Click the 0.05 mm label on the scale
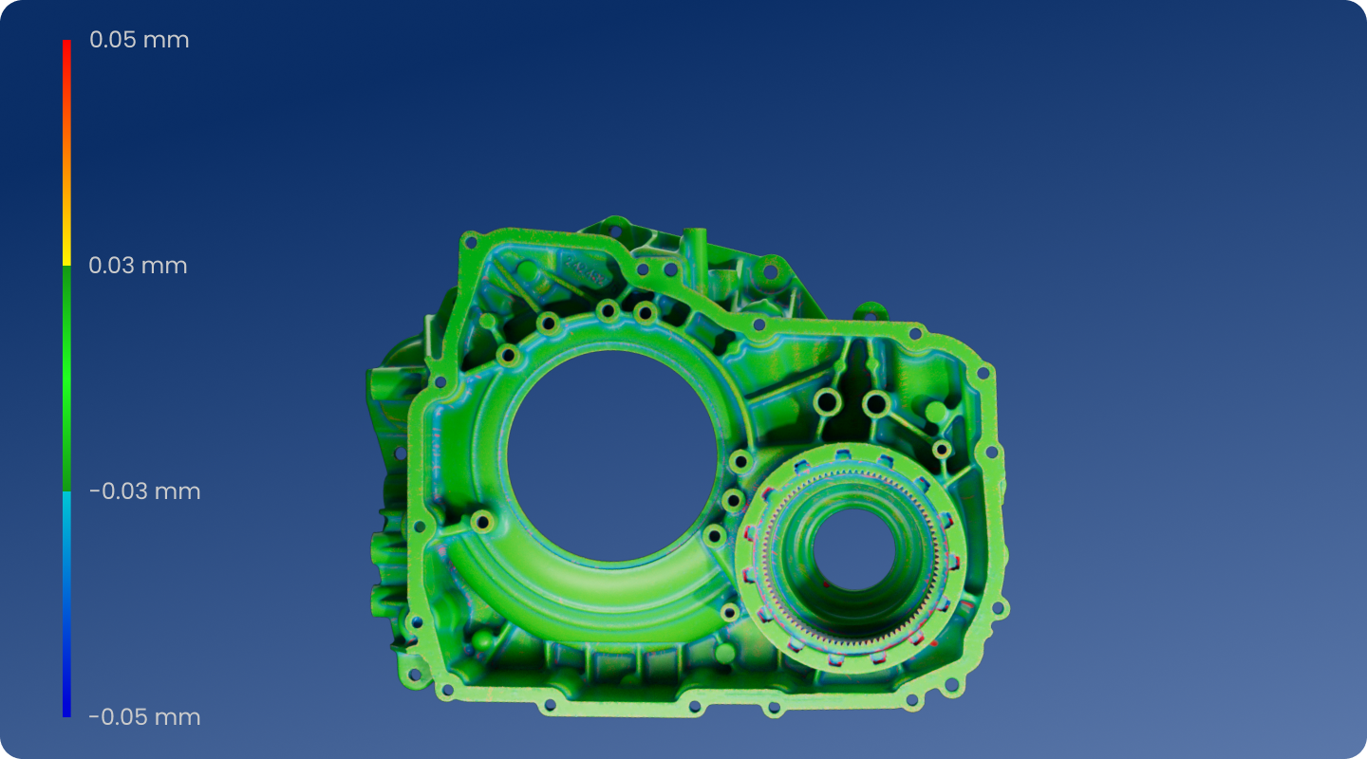[140, 40]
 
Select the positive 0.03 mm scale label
[138, 266]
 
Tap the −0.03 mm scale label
[144, 491]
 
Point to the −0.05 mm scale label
[144, 717]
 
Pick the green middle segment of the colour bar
[66, 379]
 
